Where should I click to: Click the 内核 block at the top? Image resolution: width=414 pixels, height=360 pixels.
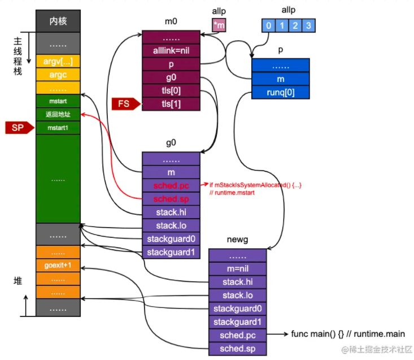[x=58, y=22]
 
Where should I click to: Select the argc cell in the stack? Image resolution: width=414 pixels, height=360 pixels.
[x=58, y=74]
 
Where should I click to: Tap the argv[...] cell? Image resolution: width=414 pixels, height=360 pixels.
[x=58, y=60]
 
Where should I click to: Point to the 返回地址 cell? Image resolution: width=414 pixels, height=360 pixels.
[x=58, y=115]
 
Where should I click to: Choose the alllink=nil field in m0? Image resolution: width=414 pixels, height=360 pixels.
[x=171, y=50]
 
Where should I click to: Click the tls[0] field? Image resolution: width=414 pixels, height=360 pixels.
[x=171, y=91]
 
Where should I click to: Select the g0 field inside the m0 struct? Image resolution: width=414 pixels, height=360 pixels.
[x=171, y=77]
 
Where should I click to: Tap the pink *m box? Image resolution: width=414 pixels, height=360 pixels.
[x=219, y=25]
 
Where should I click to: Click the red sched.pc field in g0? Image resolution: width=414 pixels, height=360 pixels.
[x=171, y=185]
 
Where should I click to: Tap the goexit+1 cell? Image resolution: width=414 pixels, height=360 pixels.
[x=58, y=265]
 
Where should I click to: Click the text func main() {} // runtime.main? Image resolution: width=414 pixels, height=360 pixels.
[x=347, y=334]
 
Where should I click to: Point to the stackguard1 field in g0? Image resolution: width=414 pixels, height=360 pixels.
[x=171, y=252]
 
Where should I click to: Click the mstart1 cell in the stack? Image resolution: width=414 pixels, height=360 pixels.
[x=58, y=128]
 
